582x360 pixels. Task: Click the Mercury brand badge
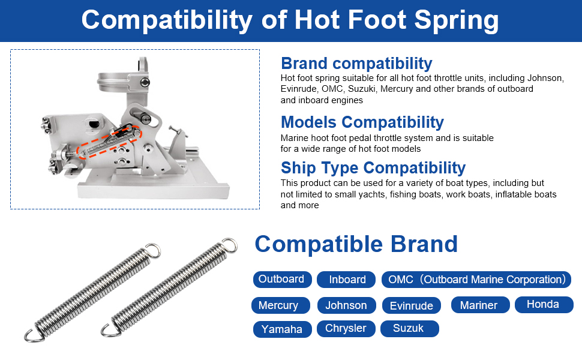pyautogui.click(x=281, y=305)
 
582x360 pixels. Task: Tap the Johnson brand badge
pyautogui.click(x=346, y=305)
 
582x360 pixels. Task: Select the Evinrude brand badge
pyautogui.click(x=411, y=305)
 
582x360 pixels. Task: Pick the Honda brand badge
pyautogui.click(x=544, y=305)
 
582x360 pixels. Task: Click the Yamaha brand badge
pyautogui.click(x=282, y=329)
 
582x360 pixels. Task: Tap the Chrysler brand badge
pyautogui.click(x=346, y=328)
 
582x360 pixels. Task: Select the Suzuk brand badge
pyautogui.click(x=410, y=328)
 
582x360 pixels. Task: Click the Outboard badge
pyautogui.click(x=282, y=280)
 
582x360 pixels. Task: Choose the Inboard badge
pyautogui.click(x=346, y=280)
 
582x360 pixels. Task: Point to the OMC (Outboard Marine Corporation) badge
pyautogui.click(x=476, y=280)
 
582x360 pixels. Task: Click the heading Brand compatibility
pyautogui.click(x=356, y=64)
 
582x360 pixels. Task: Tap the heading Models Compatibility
pyautogui.click(x=362, y=122)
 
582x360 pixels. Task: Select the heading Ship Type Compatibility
pyautogui.click(x=373, y=168)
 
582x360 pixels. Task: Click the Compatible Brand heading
pyautogui.click(x=356, y=244)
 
